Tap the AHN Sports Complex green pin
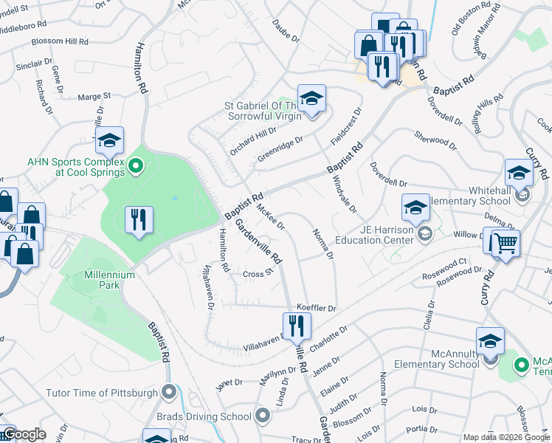135,168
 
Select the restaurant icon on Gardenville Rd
297,325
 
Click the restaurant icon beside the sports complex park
139,219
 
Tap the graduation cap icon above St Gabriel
311,98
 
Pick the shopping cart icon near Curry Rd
505,243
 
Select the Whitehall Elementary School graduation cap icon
519,174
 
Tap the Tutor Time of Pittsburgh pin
170,391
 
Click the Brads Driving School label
204,416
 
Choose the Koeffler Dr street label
316,307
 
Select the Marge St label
94,96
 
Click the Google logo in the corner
24,435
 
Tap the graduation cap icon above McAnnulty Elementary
490,341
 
